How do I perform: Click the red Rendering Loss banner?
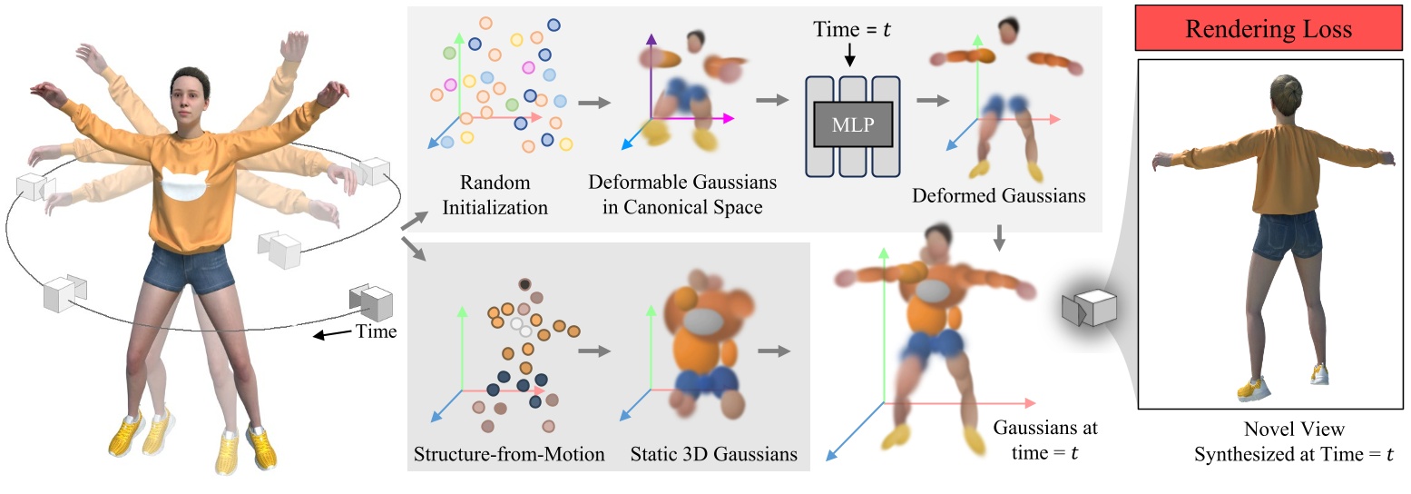tap(1269, 29)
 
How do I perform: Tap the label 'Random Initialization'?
tap(495, 196)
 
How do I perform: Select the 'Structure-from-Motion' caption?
tap(508, 453)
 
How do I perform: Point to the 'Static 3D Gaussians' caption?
tap(714, 453)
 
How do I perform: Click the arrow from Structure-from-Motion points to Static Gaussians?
tap(595, 351)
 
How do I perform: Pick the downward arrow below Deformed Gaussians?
tap(999, 237)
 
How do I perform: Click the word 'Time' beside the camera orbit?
tap(375, 331)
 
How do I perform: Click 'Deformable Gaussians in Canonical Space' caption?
tap(682, 196)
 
